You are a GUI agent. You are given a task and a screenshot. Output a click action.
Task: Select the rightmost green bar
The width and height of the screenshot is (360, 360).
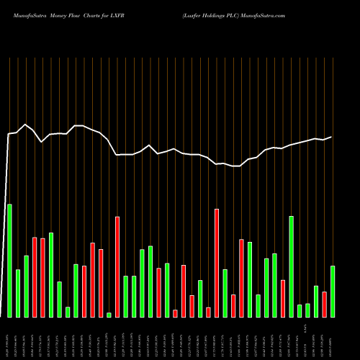(333, 292)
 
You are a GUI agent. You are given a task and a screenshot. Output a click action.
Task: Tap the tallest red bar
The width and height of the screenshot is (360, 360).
(217, 263)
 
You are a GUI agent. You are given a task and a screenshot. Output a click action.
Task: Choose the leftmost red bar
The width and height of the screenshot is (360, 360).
(35, 277)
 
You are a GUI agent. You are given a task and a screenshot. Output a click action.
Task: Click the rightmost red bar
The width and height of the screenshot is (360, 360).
(325, 304)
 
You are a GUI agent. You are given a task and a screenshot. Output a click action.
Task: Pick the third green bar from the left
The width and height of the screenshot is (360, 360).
(26, 287)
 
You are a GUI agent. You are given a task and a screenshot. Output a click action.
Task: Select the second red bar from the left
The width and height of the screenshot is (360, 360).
(42, 278)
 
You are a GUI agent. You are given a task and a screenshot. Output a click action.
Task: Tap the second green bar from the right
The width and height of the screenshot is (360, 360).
(316, 302)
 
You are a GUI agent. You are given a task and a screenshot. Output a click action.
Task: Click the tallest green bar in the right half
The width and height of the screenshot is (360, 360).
(291, 266)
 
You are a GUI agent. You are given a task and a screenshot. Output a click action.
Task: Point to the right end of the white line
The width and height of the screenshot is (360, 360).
(332, 137)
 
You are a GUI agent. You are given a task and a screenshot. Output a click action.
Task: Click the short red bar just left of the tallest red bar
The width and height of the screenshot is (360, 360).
(208, 312)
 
